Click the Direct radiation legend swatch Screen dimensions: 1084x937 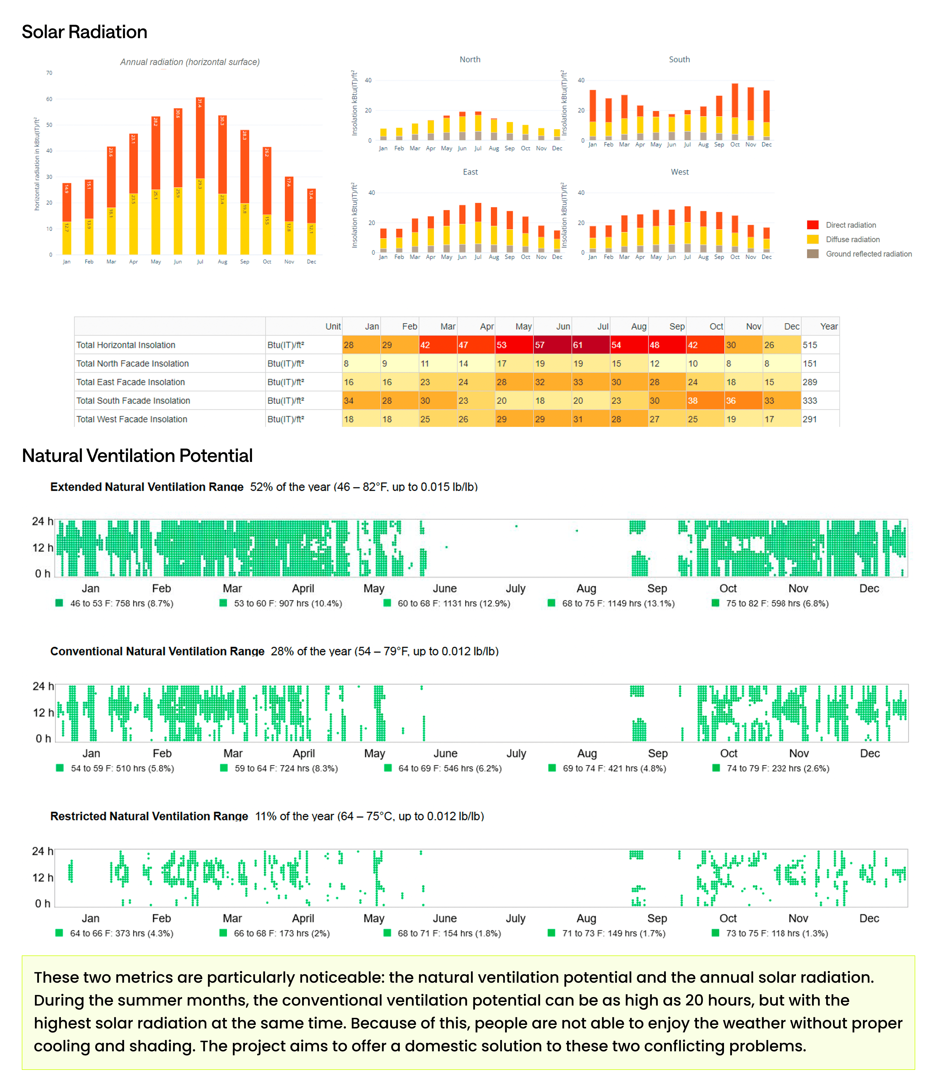click(x=813, y=225)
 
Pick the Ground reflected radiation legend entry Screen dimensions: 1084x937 click(x=868, y=254)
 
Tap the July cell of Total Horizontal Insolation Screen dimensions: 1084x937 click(x=591, y=345)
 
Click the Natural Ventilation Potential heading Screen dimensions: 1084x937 click(x=137, y=456)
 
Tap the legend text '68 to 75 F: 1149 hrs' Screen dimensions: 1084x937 click(x=618, y=603)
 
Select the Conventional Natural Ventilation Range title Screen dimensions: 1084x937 click(x=157, y=651)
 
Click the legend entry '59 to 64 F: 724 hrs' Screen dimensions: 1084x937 click(x=286, y=769)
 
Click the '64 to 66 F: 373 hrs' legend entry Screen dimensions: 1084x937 click(x=121, y=933)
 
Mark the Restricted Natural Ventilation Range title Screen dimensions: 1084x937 click(x=149, y=816)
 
